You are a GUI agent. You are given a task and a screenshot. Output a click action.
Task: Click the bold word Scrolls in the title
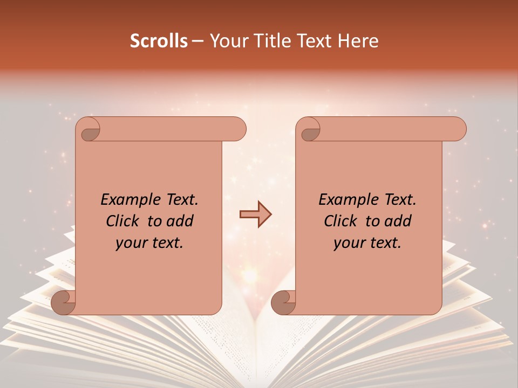pos(159,41)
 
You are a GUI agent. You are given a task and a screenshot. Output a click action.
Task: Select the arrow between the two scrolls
pos(256,214)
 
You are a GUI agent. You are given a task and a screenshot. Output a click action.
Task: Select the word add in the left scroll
pos(181,221)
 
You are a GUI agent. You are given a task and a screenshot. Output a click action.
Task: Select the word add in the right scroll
pos(399,221)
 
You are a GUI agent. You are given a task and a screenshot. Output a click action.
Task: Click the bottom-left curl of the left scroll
pos(64,303)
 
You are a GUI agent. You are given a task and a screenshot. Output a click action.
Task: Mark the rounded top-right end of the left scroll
pos(236,129)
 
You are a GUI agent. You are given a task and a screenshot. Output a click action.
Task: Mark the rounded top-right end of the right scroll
pos(456,129)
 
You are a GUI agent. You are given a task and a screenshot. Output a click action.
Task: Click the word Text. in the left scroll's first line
pos(179,200)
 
